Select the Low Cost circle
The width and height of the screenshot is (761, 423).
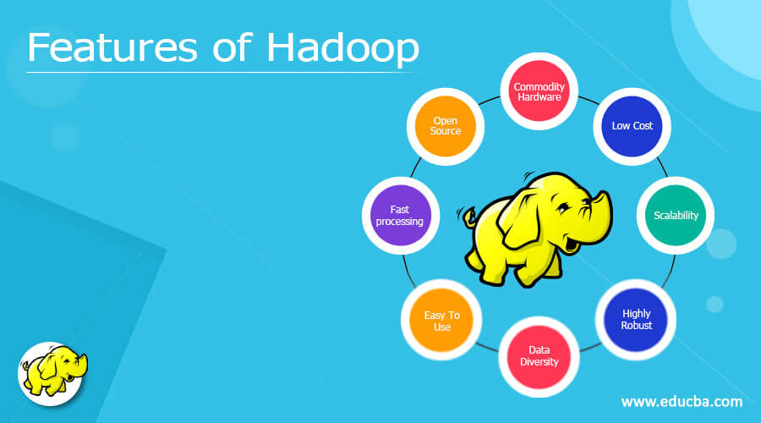tap(632, 126)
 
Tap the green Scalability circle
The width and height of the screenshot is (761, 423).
tap(676, 215)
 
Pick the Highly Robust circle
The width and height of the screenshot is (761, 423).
tap(637, 319)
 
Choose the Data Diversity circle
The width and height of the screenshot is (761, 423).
tap(544, 355)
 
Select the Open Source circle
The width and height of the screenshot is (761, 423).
tap(446, 126)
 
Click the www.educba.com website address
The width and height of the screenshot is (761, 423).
tap(682, 401)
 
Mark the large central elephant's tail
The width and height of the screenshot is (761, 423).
tap(468, 219)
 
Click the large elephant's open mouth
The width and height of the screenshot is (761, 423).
tap(572, 245)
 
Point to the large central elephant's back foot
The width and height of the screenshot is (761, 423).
tap(485, 271)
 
